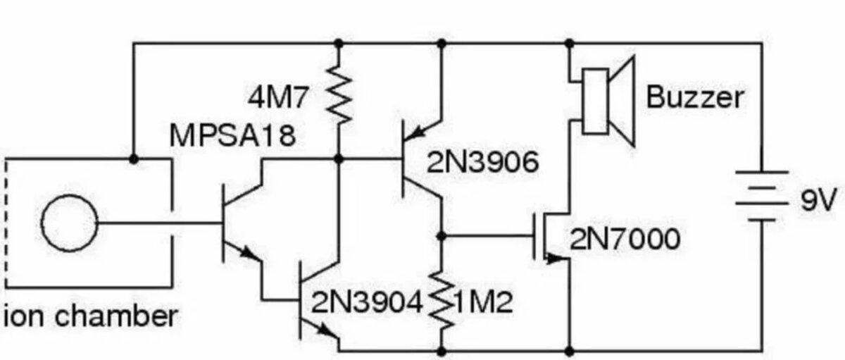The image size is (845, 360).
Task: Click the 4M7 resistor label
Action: (277, 97)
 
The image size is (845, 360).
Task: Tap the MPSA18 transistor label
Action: (233, 135)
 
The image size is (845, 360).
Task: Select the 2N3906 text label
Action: (482, 163)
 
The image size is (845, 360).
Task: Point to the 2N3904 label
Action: (367, 302)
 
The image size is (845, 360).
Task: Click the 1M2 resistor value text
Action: (484, 302)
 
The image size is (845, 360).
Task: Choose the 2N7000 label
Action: (625, 239)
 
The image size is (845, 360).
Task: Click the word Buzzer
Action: (695, 97)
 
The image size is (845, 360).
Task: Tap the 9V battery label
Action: (818, 200)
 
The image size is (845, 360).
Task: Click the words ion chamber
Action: (91, 316)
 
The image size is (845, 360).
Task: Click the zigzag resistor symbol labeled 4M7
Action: (339, 94)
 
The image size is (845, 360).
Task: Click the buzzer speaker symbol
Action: (608, 101)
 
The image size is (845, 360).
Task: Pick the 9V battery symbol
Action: (762, 196)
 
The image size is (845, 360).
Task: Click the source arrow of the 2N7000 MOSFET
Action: (556, 259)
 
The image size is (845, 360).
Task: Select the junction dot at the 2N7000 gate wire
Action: (442, 236)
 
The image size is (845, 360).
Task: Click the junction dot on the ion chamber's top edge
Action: (133, 159)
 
